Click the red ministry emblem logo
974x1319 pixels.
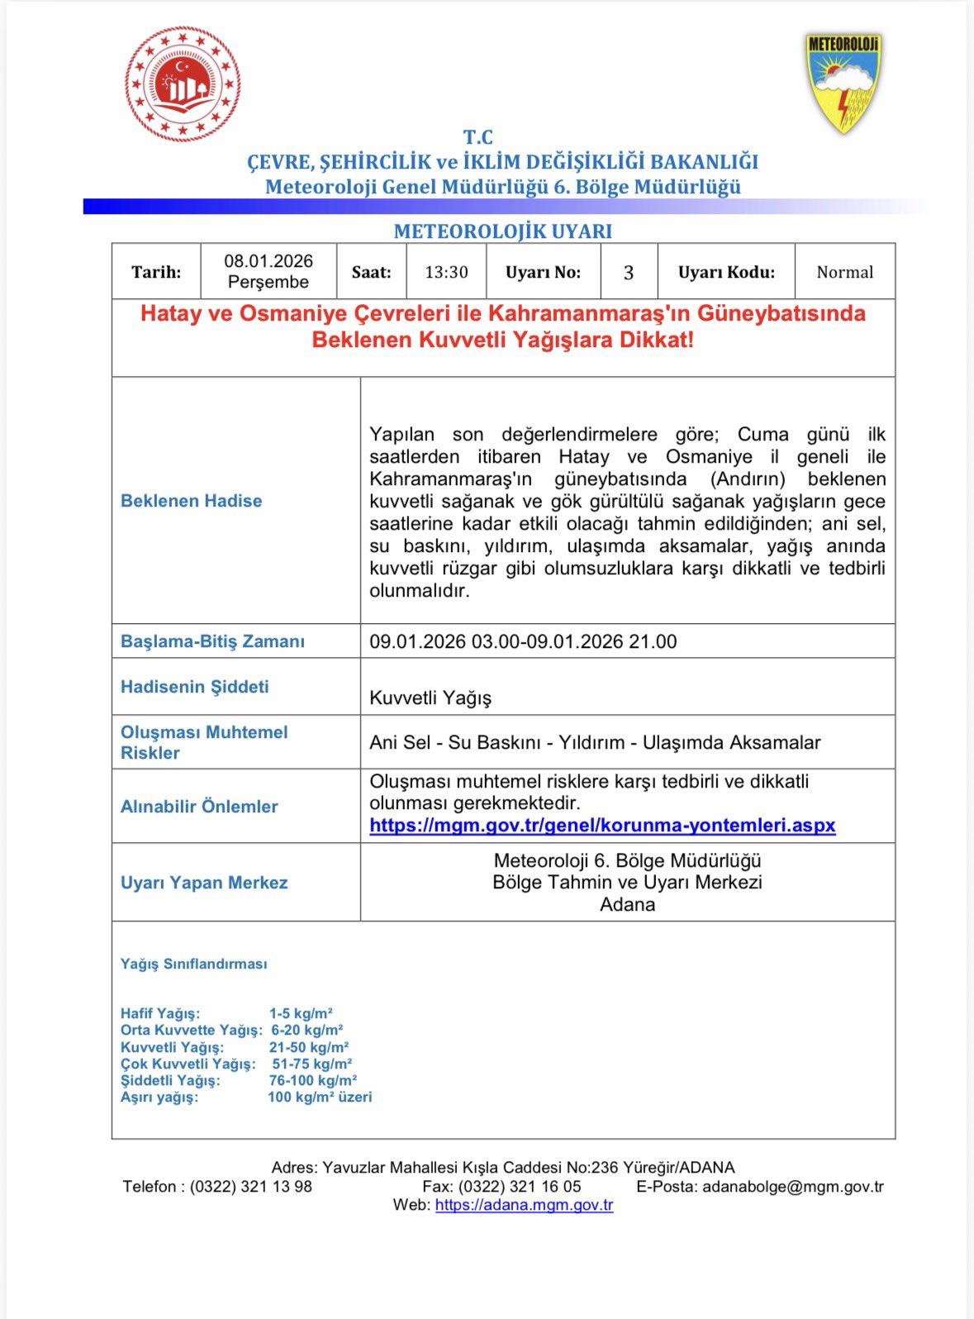pyautogui.click(x=183, y=84)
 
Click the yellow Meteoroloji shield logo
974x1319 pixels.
pyautogui.click(x=843, y=82)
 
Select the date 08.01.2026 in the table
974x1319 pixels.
pyautogui.click(x=268, y=261)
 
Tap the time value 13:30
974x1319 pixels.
pyautogui.click(x=446, y=272)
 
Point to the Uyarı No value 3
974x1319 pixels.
pyautogui.click(x=629, y=273)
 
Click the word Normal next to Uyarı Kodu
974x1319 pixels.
pyautogui.click(x=844, y=272)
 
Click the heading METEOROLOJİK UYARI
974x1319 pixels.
pyautogui.click(x=502, y=231)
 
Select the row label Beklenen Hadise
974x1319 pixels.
pyautogui.click(x=191, y=501)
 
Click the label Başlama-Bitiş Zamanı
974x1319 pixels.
pyautogui.click(x=212, y=641)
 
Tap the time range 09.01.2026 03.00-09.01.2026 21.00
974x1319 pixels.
pyautogui.click(x=523, y=641)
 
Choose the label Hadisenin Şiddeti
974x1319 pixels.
pyautogui.click(x=194, y=687)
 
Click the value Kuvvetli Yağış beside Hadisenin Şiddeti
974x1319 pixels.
pyautogui.click(x=430, y=698)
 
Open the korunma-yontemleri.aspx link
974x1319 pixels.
pyautogui.click(x=602, y=825)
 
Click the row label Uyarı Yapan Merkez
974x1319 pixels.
pyautogui.click(x=204, y=883)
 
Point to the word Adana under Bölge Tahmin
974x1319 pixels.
pyautogui.click(x=627, y=904)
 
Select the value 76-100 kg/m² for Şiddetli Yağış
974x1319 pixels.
pyautogui.click(x=312, y=1080)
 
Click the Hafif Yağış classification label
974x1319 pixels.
pyautogui.click(x=160, y=1013)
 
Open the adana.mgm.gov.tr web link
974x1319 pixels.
pyautogui.click(x=524, y=1205)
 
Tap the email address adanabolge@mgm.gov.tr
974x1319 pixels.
pyautogui.click(x=792, y=1187)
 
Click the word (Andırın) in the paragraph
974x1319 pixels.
pyautogui.click(x=747, y=479)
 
